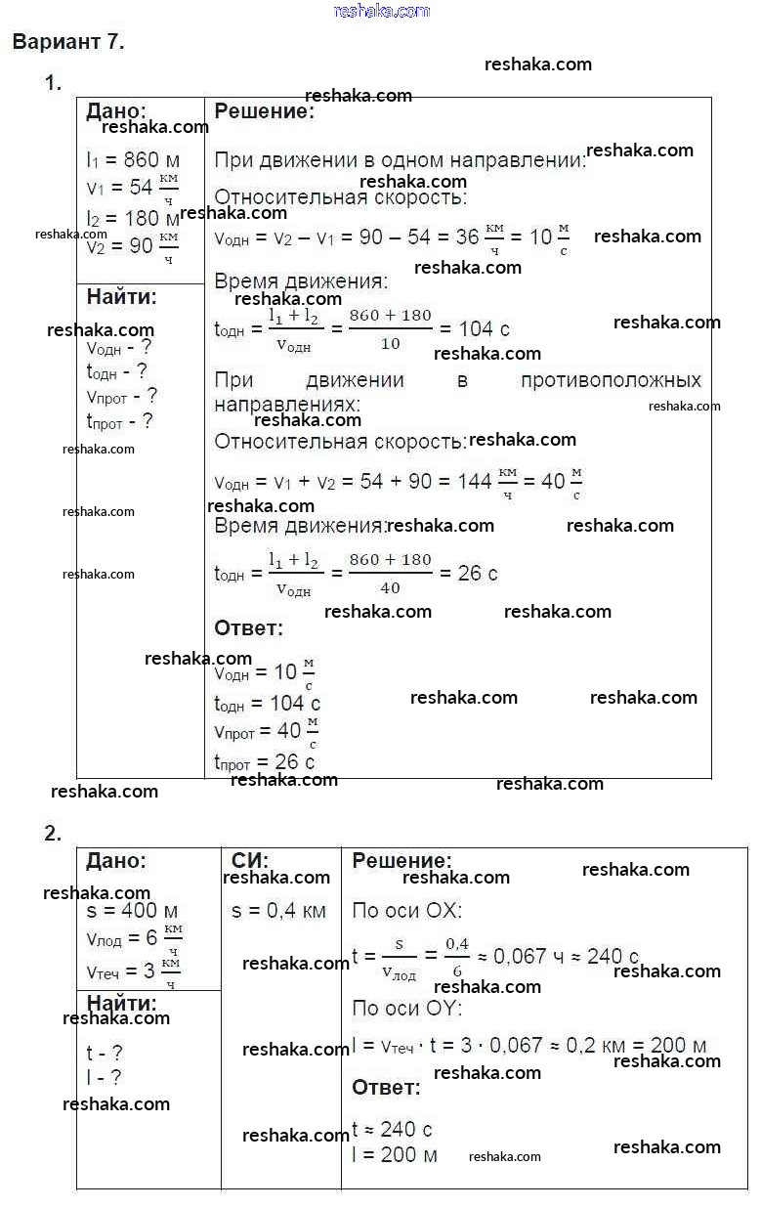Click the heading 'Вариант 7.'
[x=68, y=42]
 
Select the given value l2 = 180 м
[x=132, y=219]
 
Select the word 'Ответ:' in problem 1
[x=248, y=627]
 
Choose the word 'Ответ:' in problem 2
[x=386, y=1087]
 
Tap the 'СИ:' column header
[x=250, y=861]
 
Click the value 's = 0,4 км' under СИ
[x=278, y=911]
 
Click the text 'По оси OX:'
[x=406, y=911]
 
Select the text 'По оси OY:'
[x=406, y=1008]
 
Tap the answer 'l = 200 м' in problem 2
[x=395, y=1154]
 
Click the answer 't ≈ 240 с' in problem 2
[x=392, y=1129]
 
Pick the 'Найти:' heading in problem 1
[x=121, y=296]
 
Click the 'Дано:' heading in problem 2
[x=116, y=861]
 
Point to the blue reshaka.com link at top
[x=381, y=11]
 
